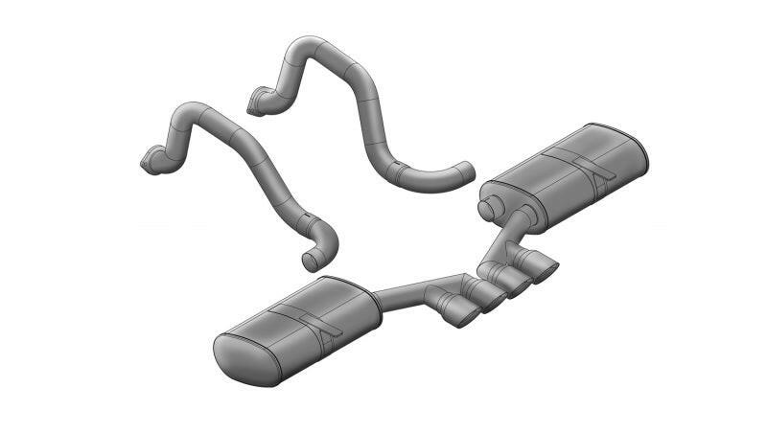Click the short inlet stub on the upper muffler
(491, 206)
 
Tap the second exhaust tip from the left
(489, 298)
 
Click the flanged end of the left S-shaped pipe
(151, 163)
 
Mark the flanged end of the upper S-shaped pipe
(257, 102)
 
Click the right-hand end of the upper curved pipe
(465, 171)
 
